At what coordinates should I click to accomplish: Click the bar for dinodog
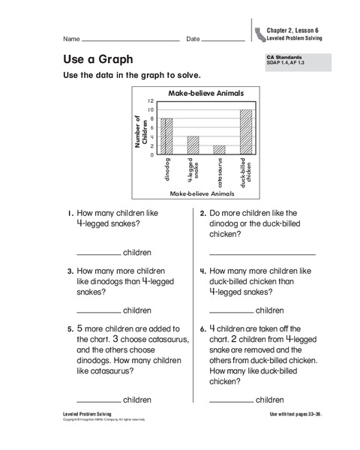click(166, 136)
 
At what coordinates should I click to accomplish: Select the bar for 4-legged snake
click(193, 145)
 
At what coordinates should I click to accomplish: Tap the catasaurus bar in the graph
click(219, 150)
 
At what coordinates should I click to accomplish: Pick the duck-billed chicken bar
click(246, 132)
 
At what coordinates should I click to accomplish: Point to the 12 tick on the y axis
click(150, 100)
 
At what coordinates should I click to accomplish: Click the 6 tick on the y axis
click(150, 127)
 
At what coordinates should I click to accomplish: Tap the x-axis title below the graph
click(202, 193)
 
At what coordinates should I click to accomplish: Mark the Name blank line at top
click(130, 39)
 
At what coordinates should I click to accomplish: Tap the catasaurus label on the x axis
click(219, 172)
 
